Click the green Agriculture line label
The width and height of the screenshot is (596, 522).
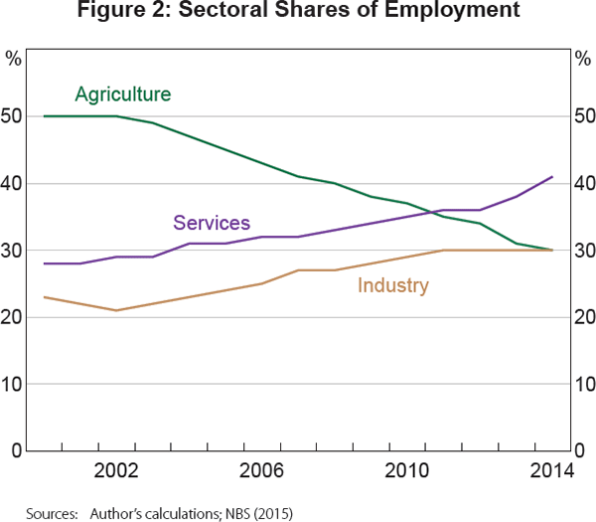coord(123,94)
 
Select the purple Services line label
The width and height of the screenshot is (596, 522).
coord(212,223)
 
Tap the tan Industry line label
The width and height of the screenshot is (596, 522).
coord(393,286)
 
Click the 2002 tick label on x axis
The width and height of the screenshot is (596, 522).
coord(116,471)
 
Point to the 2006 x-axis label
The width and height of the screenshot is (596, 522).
coord(261,471)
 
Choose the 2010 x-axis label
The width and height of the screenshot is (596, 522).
coord(406,471)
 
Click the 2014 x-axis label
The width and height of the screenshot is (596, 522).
coord(551,471)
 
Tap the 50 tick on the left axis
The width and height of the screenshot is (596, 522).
coord(12,116)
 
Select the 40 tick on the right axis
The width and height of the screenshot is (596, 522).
coord(584,184)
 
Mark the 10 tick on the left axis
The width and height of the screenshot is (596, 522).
coord(12,384)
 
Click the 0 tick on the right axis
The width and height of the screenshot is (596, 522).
coord(580,451)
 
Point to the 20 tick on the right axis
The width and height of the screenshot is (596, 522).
coord(584,317)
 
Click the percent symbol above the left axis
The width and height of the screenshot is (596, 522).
coord(13,57)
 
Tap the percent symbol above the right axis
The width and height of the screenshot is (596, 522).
coord(583,57)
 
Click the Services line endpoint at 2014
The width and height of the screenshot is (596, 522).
coord(551,177)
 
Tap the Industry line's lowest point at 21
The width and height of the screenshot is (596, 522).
coord(116,310)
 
